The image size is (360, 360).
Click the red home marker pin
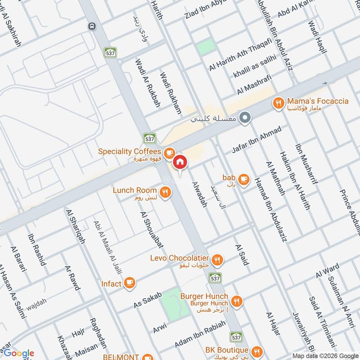(180, 162)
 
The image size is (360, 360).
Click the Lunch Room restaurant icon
(166, 193)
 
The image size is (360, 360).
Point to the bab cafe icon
(243, 179)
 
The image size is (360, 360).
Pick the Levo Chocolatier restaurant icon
(217, 259)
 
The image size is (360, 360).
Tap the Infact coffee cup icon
(130, 283)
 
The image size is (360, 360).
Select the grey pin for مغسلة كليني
(245, 118)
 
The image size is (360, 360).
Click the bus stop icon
(92, 26)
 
